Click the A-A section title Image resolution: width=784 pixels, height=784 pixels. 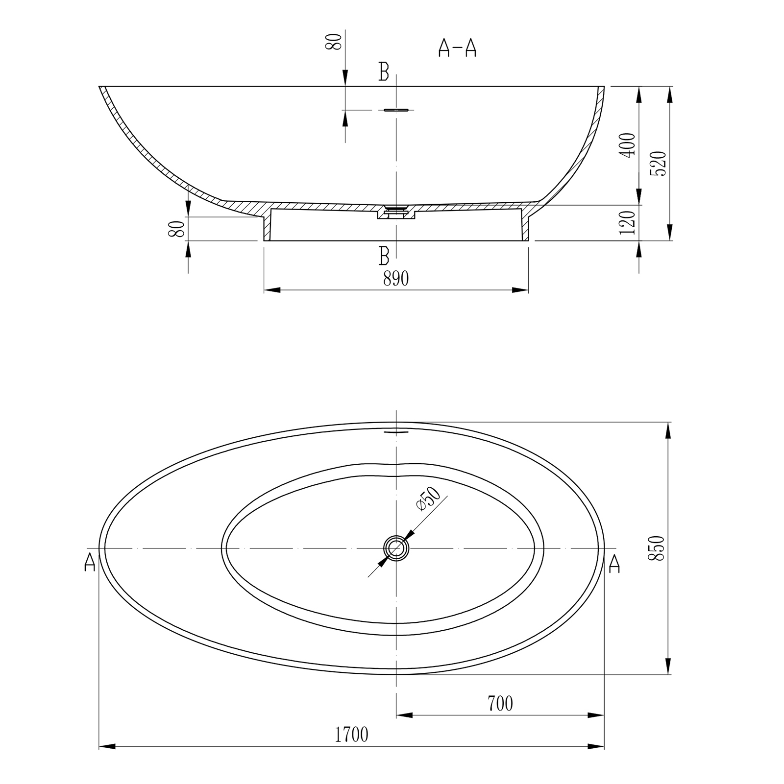[457, 48]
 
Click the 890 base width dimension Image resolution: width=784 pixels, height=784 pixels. [396, 279]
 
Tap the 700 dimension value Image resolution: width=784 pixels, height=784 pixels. [500, 704]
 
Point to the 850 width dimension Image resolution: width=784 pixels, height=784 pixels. [656, 548]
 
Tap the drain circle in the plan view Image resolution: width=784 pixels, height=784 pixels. [396, 548]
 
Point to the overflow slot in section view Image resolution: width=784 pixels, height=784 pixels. [396, 110]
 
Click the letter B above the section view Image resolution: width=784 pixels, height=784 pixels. [384, 72]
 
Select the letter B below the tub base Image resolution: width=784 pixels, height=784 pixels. [384, 255]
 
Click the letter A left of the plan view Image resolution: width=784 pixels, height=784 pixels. [90, 562]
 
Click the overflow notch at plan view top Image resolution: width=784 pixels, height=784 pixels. [396, 432]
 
